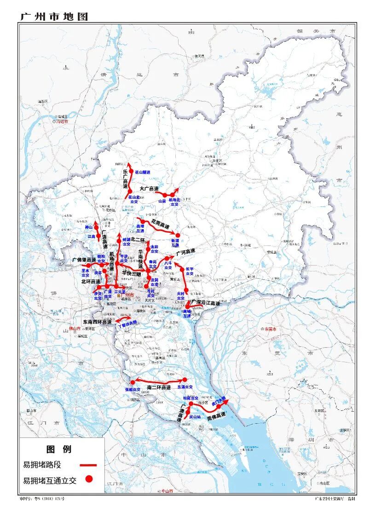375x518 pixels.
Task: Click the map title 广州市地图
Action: pos(53,17)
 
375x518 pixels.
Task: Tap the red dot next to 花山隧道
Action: pos(131,172)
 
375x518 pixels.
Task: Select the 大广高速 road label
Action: pos(149,189)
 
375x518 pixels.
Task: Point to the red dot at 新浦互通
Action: pos(178,235)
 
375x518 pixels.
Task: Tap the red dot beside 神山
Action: pos(96,227)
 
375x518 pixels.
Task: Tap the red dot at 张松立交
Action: pos(133,382)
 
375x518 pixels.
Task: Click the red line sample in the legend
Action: pos(88,465)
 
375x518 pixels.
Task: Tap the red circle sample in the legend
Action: pos(89,479)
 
